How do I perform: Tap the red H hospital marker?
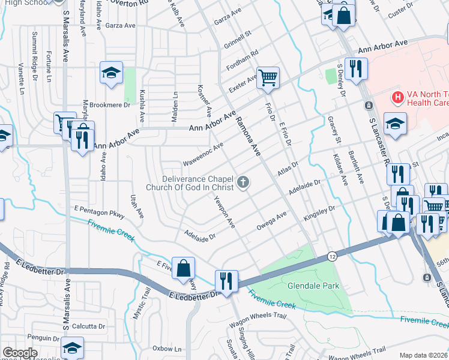pyautogui.click(x=396, y=97)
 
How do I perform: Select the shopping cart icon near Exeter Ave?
pyautogui.click(x=268, y=77)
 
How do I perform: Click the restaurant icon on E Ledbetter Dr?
pyautogui.click(x=226, y=280)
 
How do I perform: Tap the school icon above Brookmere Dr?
pyautogui.click(x=111, y=73)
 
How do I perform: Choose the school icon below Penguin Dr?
pyautogui.click(x=71, y=348)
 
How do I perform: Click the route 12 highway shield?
pyautogui.click(x=331, y=256)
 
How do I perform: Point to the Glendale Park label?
pyautogui.click(x=313, y=286)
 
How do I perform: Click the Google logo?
pyautogui.click(x=20, y=353)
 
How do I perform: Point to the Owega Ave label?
pyautogui.click(x=272, y=221)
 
